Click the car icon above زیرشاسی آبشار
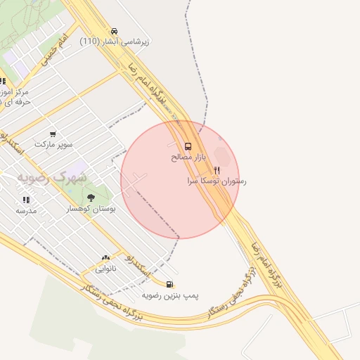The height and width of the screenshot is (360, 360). [x=114, y=31]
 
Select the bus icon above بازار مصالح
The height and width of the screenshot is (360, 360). [x=187, y=146]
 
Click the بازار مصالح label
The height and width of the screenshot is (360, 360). [x=188, y=157]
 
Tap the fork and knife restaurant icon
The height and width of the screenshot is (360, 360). [x=217, y=170]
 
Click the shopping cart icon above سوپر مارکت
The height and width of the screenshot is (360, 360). [x=53, y=134]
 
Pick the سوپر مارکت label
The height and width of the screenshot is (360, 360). [x=53, y=144]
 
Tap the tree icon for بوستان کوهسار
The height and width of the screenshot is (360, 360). [x=91, y=198]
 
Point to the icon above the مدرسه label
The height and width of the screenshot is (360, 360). [x=26, y=200]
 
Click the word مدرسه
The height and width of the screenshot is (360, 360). [x=26, y=210]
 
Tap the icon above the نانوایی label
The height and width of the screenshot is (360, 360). [x=106, y=258]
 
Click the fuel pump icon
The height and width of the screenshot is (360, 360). [x=169, y=284]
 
